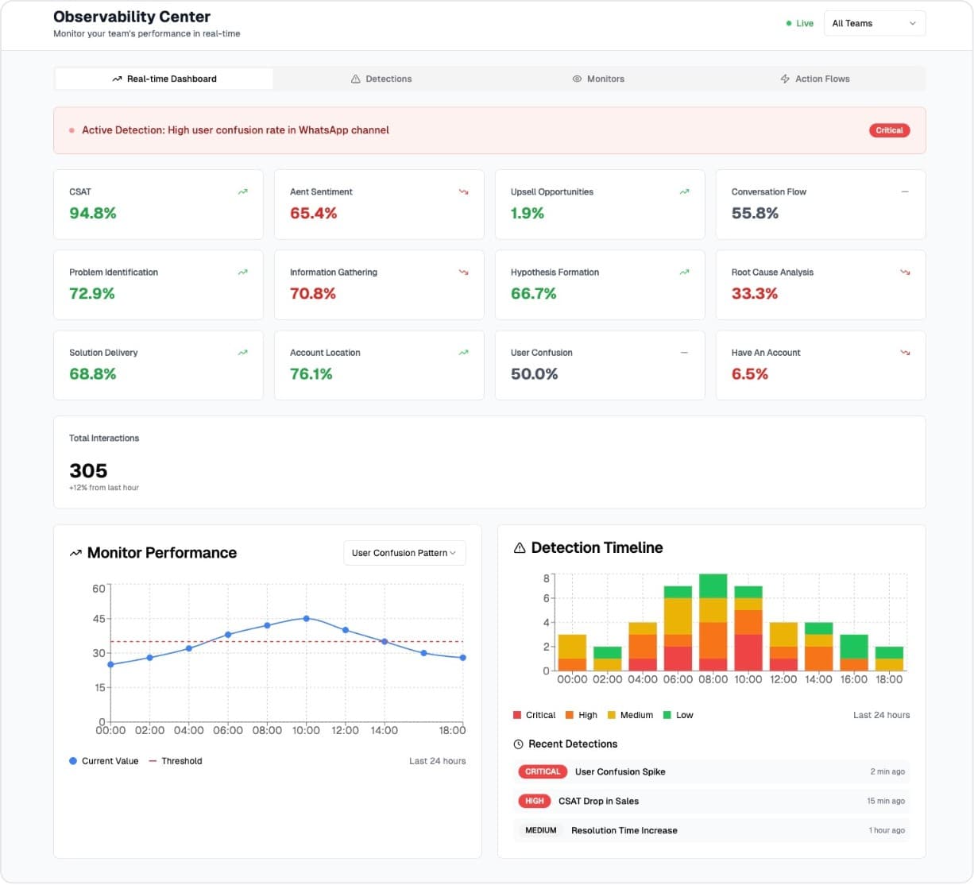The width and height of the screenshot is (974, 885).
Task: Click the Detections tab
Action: pos(381,79)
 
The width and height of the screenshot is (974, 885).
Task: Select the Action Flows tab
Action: pos(815,79)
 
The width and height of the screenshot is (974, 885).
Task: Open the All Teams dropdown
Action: pos(874,23)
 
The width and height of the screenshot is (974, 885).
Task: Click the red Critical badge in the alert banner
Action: pos(889,130)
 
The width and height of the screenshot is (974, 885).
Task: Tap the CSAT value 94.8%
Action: pos(93,213)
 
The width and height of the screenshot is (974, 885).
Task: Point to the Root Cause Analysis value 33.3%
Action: pos(755,293)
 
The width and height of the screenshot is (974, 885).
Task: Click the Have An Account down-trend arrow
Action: pos(905,353)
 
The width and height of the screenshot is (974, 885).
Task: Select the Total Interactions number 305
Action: pos(88,470)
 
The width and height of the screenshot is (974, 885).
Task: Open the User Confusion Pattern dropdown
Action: pos(404,553)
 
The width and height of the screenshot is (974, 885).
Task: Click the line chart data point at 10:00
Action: pos(307,618)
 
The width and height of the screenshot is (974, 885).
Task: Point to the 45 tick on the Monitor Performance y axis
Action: pos(99,619)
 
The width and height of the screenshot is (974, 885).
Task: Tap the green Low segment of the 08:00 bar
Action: pos(713,585)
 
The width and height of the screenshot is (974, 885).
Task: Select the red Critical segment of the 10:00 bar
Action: pos(748,652)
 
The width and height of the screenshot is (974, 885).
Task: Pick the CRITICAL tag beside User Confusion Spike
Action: pos(543,771)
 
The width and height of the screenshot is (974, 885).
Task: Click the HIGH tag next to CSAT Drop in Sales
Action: pos(535,801)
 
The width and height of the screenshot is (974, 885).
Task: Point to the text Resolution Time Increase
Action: pos(624,830)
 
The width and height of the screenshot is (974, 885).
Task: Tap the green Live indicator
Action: pos(800,23)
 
